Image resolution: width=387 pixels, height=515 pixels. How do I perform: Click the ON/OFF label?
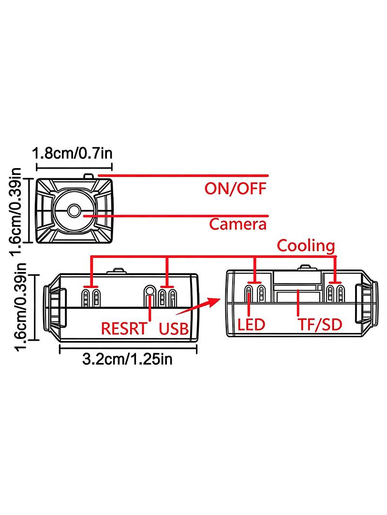[235, 189]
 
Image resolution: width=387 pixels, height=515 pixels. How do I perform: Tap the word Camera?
[238, 224]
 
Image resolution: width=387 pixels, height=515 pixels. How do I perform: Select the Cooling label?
[306, 246]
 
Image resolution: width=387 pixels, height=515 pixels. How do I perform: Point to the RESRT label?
[124, 329]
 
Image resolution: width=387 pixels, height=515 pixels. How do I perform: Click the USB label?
[174, 329]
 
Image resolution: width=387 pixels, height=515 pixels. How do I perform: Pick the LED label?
[251, 325]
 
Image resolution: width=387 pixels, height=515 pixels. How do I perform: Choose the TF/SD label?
[320, 325]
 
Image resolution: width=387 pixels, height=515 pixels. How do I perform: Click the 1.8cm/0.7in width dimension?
[73, 153]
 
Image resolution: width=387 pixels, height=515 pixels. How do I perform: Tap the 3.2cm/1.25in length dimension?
[127, 359]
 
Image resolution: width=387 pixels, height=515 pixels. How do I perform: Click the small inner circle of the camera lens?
[74, 211]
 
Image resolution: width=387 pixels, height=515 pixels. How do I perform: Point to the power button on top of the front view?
[89, 176]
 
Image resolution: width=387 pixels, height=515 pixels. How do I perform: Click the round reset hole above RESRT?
[150, 291]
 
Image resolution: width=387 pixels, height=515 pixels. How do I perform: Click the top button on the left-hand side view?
[117, 271]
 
